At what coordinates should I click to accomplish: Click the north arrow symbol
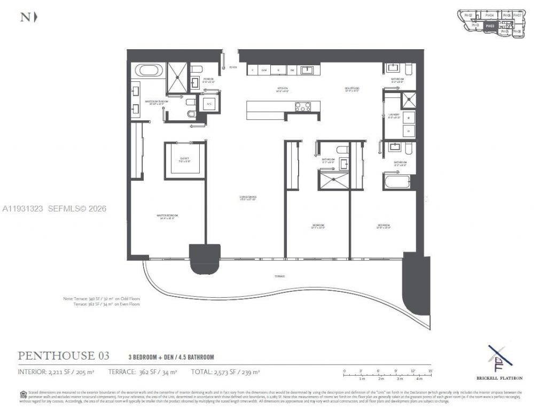pyautogui.click(x=35, y=17)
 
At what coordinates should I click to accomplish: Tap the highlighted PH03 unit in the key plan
pyautogui.click(x=490, y=25)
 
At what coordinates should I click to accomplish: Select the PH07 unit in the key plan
pyautogui.click(x=517, y=16)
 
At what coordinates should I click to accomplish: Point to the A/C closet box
pyautogui.click(x=209, y=104)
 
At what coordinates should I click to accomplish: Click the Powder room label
pyautogui.click(x=208, y=80)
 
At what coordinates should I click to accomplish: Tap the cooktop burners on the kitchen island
pyautogui.click(x=303, y=106)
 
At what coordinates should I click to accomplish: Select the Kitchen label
pyautogui.click(x=282, y=90)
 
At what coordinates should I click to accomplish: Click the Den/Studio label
pyautogui.click(x=351, y=89)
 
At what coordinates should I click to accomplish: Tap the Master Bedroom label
pyautogui.click(x=166, y=217)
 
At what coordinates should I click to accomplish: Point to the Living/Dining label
pyautogui.click(x=248, y=198)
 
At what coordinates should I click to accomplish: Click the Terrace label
pyautogui.click(x=280, y=276)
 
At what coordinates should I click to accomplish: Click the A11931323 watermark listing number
pyautogui.click(x=23, y=208)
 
